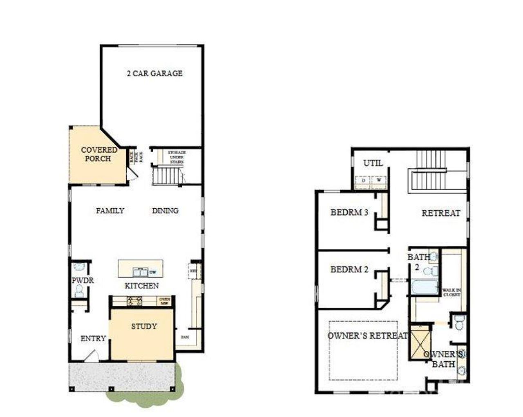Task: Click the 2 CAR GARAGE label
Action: pos(154,74)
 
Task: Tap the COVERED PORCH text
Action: pos(98,154)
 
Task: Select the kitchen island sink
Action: pos(140,272)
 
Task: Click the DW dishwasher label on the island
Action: pos(153,272)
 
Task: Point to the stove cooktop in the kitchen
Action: pos(134,302)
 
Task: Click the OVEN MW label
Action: pos(165,302)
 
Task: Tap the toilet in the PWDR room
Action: pos(79,291)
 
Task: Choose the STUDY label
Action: pos(143,327)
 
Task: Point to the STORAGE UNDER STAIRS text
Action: pos(177,157)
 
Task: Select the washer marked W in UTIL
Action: pos(378,180)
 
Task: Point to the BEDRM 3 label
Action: pos(349,212)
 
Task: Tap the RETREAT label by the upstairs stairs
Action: pos(440,213)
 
